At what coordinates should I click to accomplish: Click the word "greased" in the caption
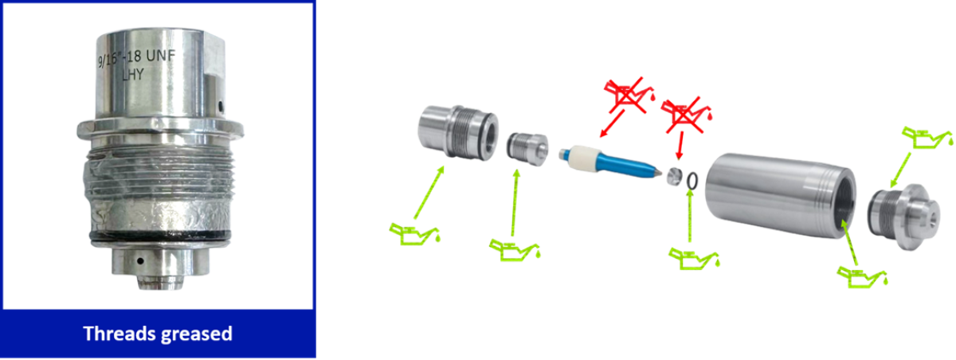pyautogui.click(x=195, y=335)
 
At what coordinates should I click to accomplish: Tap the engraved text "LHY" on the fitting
pyautogui.click(x=133, y=75)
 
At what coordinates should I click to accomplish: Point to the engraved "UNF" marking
pyautogui.click(x=160, y=56)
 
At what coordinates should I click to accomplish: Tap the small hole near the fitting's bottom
pyautogui.click(x=139, y=260)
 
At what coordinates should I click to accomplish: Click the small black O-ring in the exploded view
pyautogui.click(x=692, y=181)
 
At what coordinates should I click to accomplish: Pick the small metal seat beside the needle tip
pyautogui.click(x=674, y=177)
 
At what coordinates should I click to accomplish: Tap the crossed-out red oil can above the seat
pyautogui.click(x=686, y=115)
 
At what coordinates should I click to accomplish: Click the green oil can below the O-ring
pyautogui.click(x=695, y=257)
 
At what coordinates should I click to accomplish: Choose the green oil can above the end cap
pyautogui.click(x=927, y=137)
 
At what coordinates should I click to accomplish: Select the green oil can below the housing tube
pyautogui.click(x=862, y=276)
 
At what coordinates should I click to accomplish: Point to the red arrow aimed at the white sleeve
pyautogui.click(x=612, y=123)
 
